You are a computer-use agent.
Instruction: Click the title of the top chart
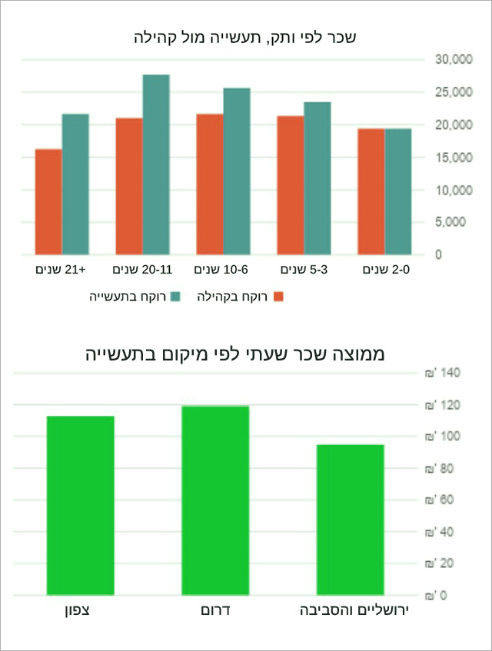(245, 36)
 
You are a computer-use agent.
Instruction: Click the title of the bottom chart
(245, 354)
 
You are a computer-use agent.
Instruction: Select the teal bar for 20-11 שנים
(156, 164)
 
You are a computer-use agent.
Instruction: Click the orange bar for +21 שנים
(48, 201)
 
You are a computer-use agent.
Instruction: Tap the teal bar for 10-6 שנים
(237, 171)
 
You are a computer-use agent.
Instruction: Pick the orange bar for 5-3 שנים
(290, 185)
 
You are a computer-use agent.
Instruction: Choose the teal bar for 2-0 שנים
(398, 191)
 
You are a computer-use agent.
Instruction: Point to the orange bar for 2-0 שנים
(371, 191)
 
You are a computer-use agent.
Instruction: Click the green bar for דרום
(215, 500)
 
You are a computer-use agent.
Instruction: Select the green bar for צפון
(80, 506)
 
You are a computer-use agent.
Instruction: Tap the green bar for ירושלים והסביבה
(351, 520)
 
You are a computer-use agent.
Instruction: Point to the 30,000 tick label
(454, 59)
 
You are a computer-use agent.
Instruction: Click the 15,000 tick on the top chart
(454, 158)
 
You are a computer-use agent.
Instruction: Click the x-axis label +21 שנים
(62, 270)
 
